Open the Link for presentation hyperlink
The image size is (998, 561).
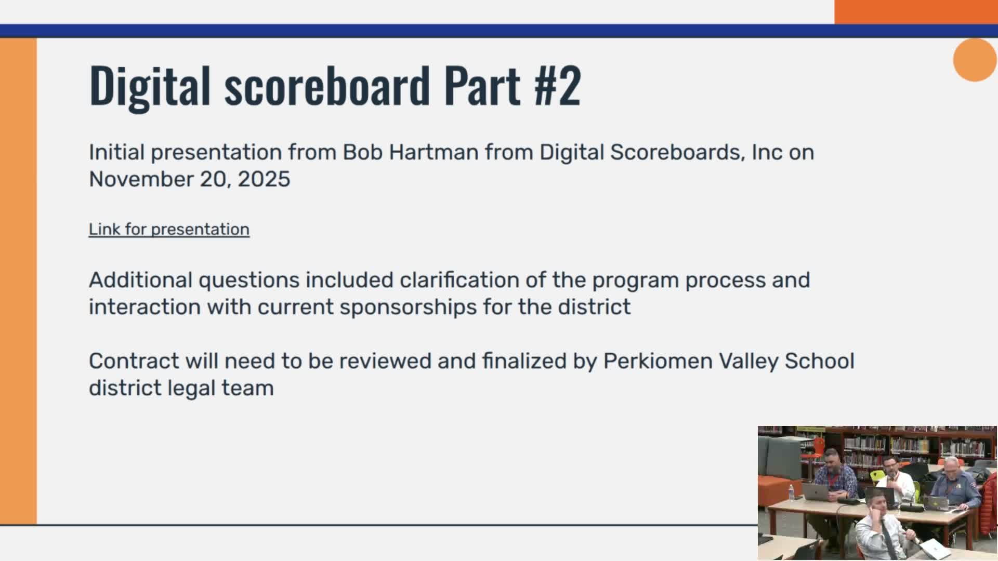click(x=169, y=229)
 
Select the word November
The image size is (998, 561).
click(x=141, y=179)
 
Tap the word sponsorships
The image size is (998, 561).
click(x=409, y=307)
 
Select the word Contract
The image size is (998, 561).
click(x=134, y=361)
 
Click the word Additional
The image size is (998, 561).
click(x=140, y=280)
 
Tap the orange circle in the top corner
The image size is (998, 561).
click(x=975, y=60)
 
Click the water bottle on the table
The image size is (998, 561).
click(x=791, y=492)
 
